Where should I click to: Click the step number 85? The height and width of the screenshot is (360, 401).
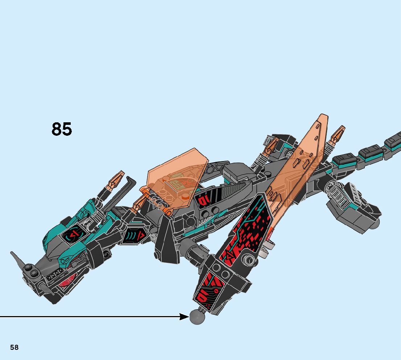(62, 129)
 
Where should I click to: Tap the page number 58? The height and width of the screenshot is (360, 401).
(14, 347)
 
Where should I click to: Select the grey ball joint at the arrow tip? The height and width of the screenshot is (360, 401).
(197, 317)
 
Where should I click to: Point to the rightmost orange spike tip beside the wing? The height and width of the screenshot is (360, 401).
(338, 134)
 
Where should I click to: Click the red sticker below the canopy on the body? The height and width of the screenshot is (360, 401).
(202, 199)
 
